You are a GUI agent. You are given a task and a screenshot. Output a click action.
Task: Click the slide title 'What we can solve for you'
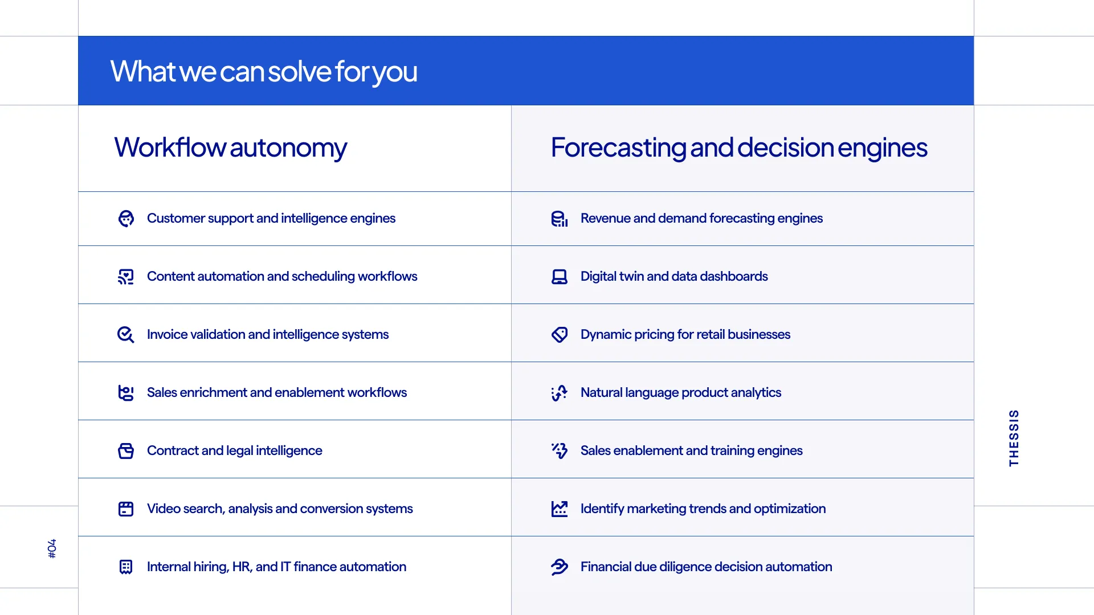264,72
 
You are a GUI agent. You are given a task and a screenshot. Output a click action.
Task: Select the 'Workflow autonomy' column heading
230,148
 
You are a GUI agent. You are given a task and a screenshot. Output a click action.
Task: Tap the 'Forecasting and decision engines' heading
739,148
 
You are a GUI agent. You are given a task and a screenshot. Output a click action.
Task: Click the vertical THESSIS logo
1014,438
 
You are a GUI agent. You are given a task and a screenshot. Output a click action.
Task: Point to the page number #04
52,548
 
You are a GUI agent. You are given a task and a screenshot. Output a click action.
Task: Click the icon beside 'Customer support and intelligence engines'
126,219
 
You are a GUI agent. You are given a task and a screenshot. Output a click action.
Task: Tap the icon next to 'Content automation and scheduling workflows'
126,277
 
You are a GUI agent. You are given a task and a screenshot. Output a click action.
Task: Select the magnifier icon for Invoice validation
126,335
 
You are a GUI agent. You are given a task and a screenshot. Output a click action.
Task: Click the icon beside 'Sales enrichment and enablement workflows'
126,393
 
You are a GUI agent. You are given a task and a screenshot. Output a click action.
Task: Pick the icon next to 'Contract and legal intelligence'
126,451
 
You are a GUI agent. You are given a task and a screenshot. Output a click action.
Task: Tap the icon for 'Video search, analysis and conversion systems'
126,509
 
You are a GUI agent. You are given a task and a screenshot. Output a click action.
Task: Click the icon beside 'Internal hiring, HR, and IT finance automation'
126,567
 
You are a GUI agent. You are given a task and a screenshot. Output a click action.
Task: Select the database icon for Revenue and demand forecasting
560,219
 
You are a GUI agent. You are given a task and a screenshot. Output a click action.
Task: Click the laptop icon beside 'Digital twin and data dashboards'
560,277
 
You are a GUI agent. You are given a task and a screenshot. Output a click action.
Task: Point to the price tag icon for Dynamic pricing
560,335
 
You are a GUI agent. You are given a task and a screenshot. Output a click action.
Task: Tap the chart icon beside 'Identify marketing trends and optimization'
560,509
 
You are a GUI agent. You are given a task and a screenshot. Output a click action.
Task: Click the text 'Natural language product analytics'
681,393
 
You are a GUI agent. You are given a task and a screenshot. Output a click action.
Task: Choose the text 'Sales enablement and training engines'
691,451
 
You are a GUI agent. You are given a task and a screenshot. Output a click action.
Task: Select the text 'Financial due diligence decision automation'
706,567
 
